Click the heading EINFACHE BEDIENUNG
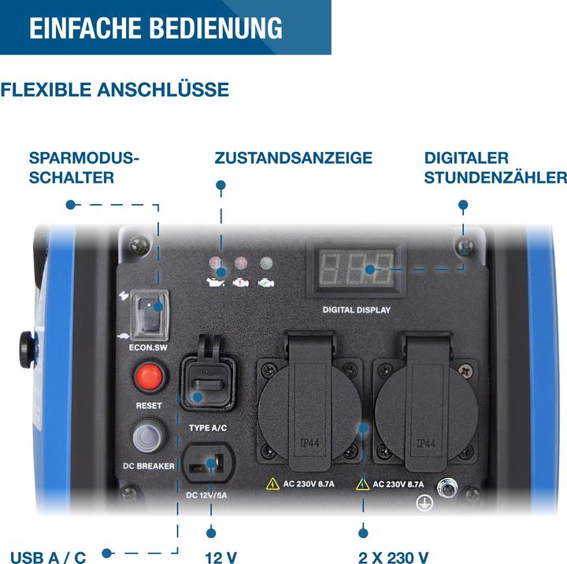[x=156, y=28]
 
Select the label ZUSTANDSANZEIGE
[x=293, y=158]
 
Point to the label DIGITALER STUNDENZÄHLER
[x=495, y=168]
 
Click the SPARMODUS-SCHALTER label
[x=83, y=168]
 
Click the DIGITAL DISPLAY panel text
[x=357, y=310]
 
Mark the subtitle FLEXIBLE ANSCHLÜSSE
[x=115, y=90]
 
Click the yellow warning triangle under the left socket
[x=272, y=484]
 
